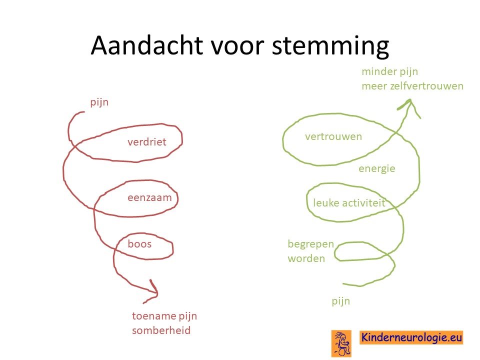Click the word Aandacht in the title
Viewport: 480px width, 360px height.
(146, 45)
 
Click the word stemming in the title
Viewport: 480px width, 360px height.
(330, 46)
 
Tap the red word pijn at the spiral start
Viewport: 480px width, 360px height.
(99, 102)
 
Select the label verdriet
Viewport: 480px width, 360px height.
(147, 141)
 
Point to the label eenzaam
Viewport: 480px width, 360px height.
(149, 197)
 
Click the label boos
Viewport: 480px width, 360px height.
(139, 243)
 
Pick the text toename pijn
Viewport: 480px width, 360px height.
(164, 316)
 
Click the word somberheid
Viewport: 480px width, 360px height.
(161, 330)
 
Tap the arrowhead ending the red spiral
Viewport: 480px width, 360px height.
(152, 291)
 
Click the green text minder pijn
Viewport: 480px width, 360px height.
(389, 71)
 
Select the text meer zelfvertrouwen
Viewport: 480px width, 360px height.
(412, 85)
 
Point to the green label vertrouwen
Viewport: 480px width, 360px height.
(333, 136)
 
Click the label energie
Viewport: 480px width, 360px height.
(377, 168)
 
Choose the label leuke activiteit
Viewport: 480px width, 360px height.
(349, 202)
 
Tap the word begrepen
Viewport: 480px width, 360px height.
(310, 244)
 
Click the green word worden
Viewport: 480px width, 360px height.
(306, 258)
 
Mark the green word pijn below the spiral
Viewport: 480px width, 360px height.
(340, 301)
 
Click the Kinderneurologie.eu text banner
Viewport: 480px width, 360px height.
(411, 337)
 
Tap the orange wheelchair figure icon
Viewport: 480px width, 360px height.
(341, 343)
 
